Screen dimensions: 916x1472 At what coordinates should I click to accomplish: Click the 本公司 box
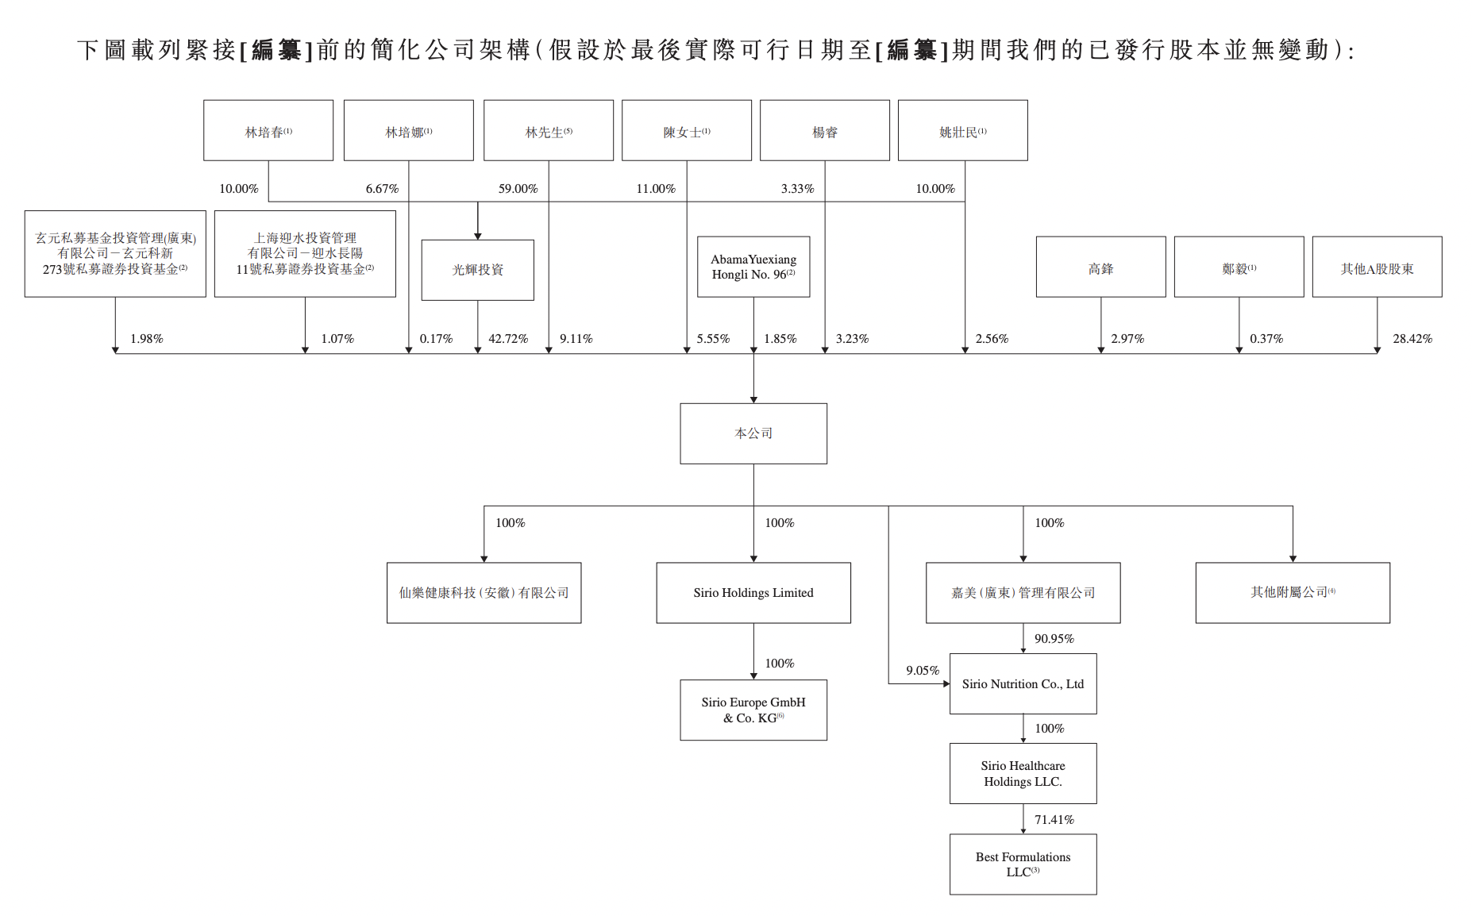tap(753, 433)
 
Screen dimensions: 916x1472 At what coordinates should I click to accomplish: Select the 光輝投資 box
tap(477, 270)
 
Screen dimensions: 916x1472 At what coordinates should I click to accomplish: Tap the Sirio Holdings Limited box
tap(753, 593)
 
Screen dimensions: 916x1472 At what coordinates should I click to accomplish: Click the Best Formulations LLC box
tap(1023, 864)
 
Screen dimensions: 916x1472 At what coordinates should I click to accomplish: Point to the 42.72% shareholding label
tap(508, 339)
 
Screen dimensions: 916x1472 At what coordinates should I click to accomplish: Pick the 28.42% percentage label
tap(1412, 339)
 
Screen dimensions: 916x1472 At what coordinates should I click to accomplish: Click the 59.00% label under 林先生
tap(518, 189)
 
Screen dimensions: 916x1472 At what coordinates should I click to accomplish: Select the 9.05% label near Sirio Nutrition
tap(923, 671)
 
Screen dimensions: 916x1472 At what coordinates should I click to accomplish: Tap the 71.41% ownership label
tap(1054, 820)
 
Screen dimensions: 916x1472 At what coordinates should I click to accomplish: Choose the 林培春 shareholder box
tap(268, 131)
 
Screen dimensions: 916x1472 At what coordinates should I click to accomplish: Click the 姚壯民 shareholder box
tap(962, 131)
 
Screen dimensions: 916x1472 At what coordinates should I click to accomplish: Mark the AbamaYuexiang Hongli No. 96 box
tap(753, 267)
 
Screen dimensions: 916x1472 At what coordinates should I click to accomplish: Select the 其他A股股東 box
tap(1377, 268)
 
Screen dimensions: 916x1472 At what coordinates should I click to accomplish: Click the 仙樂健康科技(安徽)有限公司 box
tap(484, 593)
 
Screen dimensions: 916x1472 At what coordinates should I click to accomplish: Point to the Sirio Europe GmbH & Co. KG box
tap(753, 710)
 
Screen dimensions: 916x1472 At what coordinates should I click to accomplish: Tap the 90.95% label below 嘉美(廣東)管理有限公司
tap(1054, 639)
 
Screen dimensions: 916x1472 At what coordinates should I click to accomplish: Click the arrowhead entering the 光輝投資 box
tap(478, 236)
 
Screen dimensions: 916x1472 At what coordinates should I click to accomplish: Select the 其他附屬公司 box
tap(1293, 593)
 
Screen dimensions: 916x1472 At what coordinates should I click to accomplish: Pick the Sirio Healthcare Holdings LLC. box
tap(1023, 773)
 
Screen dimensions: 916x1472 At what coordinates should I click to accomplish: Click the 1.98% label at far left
tap(147, 339)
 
